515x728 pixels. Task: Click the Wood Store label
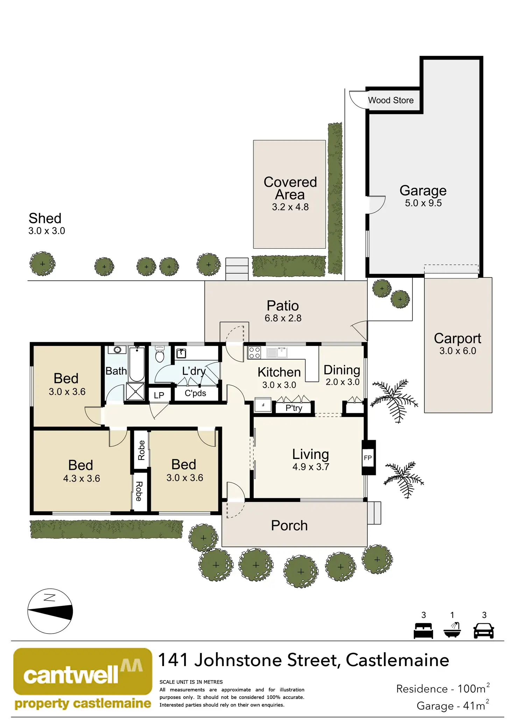coord(390,100)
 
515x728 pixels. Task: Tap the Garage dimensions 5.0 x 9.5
coord(423,203)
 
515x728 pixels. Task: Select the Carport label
coord(458,338)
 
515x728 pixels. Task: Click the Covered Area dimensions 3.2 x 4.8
coord(290,207)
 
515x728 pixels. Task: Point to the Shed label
coord(45,218)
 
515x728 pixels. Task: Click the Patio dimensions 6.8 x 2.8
coord(283,318)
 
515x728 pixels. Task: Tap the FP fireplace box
coord(368,458)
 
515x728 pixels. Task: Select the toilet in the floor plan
coord(160,354)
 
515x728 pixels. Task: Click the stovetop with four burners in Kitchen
coord(254,353)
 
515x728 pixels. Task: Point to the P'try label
coord(294,408)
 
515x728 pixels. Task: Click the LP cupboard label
coord(159,395)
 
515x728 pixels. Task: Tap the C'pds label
coord(195,393)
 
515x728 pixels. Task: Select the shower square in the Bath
coord(135,391)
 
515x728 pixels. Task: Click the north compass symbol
coord(50,611)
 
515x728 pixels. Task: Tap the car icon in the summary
coord(484,631)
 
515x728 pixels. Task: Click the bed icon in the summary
coord(423,631)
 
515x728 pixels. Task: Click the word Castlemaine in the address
coord(397,660)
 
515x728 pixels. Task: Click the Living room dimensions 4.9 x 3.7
coord(311,467)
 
